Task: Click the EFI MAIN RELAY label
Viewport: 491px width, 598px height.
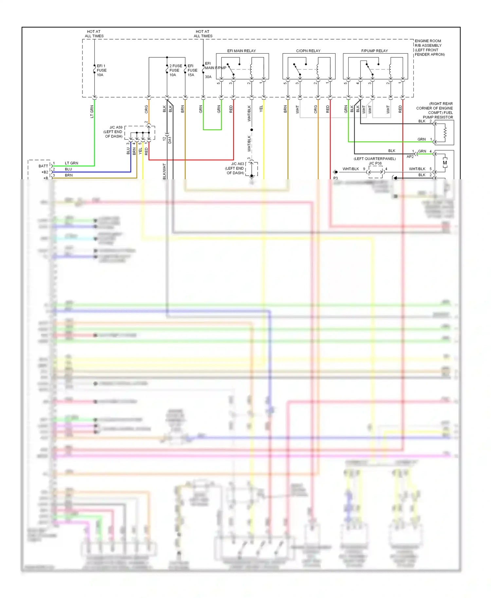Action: tap(241, 51)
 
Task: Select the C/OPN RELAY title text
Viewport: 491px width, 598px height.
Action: tap(308, 51)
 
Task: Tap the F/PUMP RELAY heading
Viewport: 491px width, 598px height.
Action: tap(374, 51)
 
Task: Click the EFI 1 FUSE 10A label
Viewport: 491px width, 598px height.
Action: tap(101, 70)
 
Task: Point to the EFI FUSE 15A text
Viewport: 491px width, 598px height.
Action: tap(192, 70)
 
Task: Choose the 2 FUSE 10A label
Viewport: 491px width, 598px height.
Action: tap(175, 70)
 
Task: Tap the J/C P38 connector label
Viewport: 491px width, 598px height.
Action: tap(375, 163)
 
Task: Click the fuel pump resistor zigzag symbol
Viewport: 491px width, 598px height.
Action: tap(445, 132)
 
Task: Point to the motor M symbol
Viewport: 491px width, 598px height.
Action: tap(445, 163)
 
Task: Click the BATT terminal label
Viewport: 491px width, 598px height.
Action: tap(43, 166)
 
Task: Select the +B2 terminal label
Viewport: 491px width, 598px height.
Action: tap(45, 172)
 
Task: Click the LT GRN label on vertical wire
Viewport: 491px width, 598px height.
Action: tap(92, 112)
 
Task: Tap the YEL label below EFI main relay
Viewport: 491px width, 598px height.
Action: tap(261, 109)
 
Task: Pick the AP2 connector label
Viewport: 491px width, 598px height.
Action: tap(410, 157)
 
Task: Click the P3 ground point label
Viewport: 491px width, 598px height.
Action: tap(336, 178)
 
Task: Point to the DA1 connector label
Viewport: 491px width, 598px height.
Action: tap(170, 140)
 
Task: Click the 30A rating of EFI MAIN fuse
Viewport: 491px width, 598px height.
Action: tap(208, 77)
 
